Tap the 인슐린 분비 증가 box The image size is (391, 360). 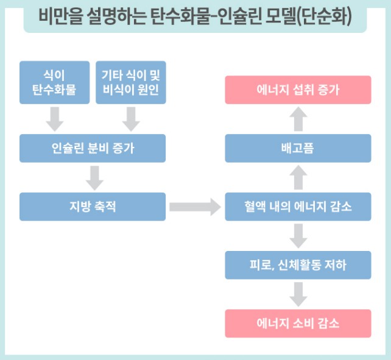[x=93, y=148]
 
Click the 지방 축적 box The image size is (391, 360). [x=93, y=206]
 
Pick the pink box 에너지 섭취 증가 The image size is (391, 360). [x=298, y=90]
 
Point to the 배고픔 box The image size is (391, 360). [x=298, y=148]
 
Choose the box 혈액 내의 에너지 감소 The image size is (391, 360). [x=298, y=206]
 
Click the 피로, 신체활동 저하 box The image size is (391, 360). [x=298, y=265]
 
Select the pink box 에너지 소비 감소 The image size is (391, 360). [x=298, y=323]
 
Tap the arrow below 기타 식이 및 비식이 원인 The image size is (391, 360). [x=131, y=119]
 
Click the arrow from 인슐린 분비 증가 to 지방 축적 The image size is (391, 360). [x=93, y=177]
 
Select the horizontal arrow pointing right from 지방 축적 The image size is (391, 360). [x=194, y=206]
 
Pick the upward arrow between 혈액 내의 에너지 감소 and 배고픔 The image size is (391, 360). [x=298, y=177]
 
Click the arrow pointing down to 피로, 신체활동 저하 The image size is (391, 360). [x=298, y=236]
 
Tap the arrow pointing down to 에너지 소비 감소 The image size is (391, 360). [x=298, y=294]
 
